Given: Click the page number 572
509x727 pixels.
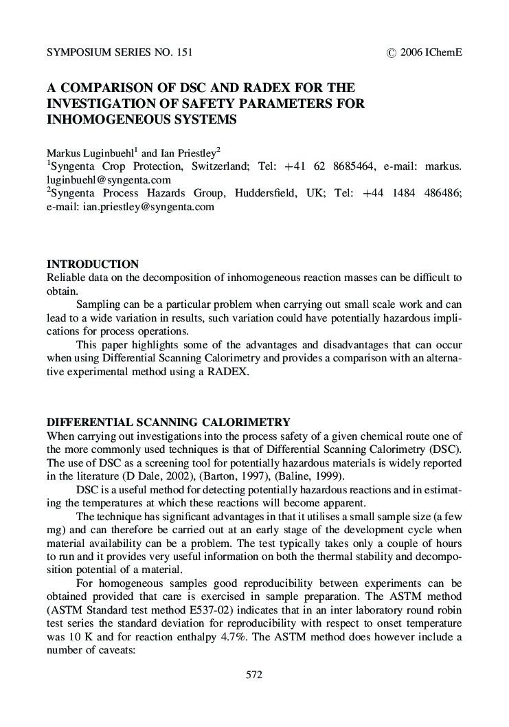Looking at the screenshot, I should (254, 675).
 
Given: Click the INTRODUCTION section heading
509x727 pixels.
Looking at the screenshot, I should (92, 265).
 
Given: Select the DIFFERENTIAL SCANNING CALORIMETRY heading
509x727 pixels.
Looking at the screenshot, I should (168, 422).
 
